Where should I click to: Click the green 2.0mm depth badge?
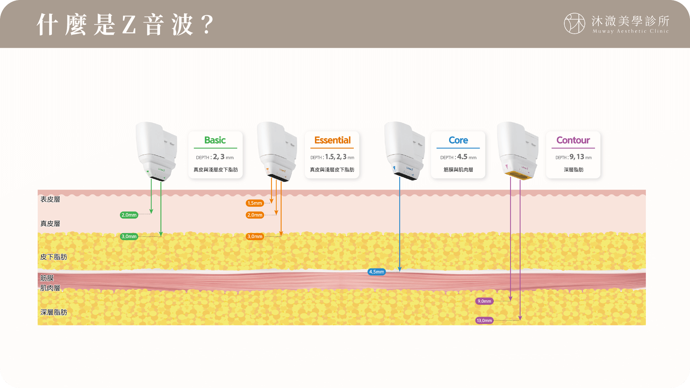[129, 215]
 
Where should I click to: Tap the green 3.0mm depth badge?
[129, 236]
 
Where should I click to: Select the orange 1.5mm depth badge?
[255, 203]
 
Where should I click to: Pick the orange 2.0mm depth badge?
[255, 215]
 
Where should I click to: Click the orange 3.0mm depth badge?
[255, 236]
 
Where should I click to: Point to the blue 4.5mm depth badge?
[376, 272]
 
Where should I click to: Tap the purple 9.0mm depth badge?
[484, 301]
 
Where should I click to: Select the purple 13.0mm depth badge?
[484, 320]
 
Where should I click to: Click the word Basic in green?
[215, 140]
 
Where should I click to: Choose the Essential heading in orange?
[332, 140]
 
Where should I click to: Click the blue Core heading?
[458, 140]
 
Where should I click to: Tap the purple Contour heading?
[573, 140]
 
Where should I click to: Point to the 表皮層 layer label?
[50, 199]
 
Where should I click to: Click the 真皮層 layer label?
[50, 224]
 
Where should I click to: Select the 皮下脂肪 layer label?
[54, 257]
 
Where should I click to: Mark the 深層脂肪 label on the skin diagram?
[54, 312]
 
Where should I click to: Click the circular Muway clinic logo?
[574, 24]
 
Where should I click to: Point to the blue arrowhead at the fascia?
[400, 269]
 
